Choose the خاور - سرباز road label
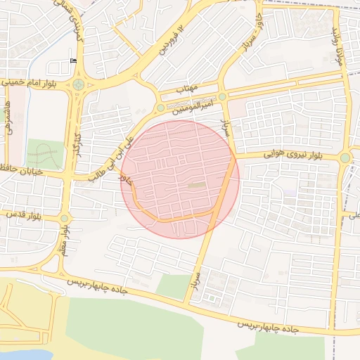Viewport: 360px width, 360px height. [250, 34]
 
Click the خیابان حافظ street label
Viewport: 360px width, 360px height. [22, 171]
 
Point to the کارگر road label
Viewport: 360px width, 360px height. [73, 144]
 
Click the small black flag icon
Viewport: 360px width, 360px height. [73, 61]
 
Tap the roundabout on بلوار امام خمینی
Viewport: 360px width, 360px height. [77, 84]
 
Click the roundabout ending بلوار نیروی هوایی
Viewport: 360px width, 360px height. [345, 158]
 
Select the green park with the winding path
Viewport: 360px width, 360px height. [44, 153]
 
